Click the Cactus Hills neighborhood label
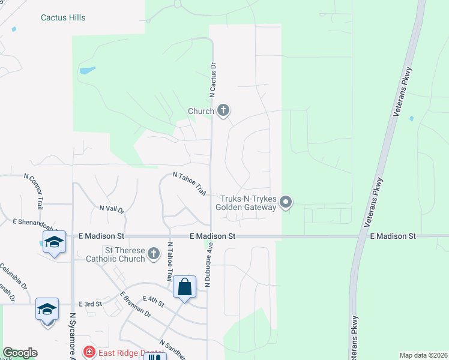(63, 17)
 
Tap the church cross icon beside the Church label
(223, 110)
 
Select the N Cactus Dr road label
(212, 79)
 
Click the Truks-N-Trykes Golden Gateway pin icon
(286, 202)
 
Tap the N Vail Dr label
(112, 209)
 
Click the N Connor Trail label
(34, 191)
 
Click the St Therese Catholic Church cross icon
(154, 253)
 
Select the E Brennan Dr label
(135, 305)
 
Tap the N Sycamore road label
(73, 336)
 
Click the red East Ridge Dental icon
(89, 352)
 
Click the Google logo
(20, 353)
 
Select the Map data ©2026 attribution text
(423, 355)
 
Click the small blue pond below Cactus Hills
(87, 70)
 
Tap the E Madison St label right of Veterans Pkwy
(393, 237)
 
